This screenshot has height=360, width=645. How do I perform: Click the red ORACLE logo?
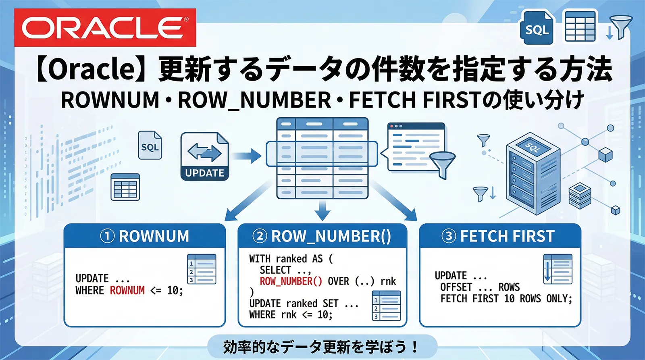click(x=105, y=27)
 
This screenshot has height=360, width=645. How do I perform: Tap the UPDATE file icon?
click(x=205, y=156)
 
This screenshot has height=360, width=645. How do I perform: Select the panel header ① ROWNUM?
click(x=145, y=236)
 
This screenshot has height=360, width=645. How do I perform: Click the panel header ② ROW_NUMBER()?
click(x=322, y=236)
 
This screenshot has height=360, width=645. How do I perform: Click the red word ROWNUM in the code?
click(x=127, y=290)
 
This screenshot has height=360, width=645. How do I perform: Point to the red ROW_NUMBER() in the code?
click(x=291, y=281)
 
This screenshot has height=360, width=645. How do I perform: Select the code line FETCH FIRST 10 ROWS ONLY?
click(x=506, y=299)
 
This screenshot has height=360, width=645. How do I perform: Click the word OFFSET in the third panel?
click(x=456, y=287)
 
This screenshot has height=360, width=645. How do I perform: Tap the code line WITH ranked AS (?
click(x=291, y=258)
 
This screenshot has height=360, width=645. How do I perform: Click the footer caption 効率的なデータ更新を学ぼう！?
click(x=321, y=347)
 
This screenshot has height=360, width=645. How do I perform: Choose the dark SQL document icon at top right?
click(x=537, y=27)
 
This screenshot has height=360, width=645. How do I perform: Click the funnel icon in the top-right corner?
click(x=621, y=27)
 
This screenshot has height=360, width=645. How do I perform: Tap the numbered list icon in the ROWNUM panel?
click(x=202, y=269)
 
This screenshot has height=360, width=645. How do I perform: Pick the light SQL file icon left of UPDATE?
click(x=150, y=145)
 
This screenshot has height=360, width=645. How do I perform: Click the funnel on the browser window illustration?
click(x=442, y=163)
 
